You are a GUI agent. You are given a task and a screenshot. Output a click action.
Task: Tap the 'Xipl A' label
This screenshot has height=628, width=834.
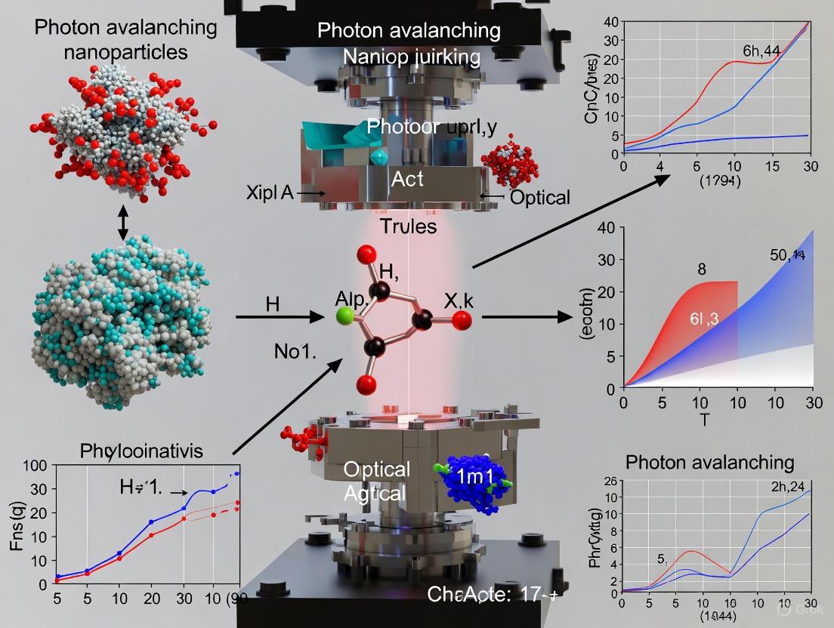point(270,192)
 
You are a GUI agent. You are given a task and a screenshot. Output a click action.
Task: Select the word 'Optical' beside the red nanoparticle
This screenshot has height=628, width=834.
point(539,197)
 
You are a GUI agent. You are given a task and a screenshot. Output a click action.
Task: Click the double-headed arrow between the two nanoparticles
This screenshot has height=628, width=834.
point(123,225)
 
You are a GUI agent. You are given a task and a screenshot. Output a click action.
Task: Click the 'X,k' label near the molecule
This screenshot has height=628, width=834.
point(437,300)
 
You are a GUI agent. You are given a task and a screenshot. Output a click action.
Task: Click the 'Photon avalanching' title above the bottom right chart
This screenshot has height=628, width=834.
point(709,462)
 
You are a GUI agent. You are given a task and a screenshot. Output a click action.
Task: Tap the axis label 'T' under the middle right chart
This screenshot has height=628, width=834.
point(703,420)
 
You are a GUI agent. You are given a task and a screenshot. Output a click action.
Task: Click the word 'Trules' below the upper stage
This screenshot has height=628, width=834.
point(409,226)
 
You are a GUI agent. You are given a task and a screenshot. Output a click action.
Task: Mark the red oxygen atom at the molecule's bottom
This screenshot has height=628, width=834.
point(366,385)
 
